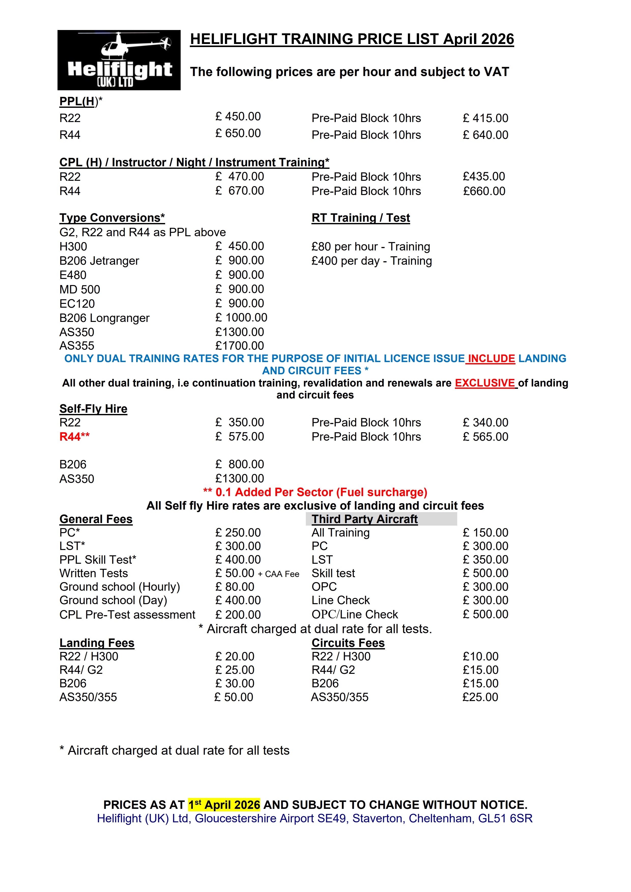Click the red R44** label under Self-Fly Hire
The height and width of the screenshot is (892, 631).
point(74,437)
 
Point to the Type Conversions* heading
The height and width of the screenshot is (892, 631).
point(112,218)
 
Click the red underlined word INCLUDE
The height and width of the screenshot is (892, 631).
point(491,358)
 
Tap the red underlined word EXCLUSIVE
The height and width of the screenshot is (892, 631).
point(485,383)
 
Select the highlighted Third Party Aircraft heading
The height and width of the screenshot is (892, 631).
point(364,519)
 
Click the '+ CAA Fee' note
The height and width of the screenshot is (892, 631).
point(278,574)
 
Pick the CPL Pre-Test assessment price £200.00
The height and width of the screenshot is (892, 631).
point(238,615)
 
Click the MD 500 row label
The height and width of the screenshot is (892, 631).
point(80,289)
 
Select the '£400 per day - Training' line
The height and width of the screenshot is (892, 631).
point(371,261)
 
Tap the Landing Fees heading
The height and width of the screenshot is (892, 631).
point(97,643)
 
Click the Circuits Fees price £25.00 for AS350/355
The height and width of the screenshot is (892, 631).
point(480,697)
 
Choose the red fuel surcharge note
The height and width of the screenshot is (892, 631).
point(315,492)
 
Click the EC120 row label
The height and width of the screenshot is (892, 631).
point(77,303)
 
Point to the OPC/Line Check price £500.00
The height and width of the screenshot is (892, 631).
point(485,614)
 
